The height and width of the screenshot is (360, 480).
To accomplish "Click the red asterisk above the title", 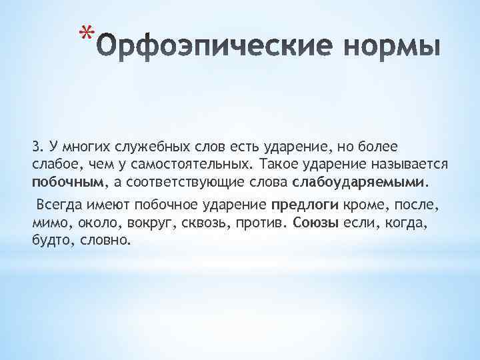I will coord(84,33).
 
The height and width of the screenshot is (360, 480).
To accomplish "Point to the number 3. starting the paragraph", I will coord(37,146).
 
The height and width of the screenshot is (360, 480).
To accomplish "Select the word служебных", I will coord(144,146).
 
